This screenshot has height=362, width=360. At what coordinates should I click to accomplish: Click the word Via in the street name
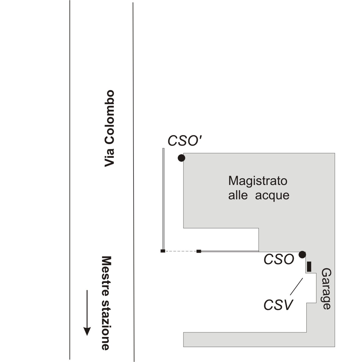tap(109, 158)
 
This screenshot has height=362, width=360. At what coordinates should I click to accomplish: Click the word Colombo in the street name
tap(109, 118)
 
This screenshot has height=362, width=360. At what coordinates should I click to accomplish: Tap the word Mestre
tap(106, 276)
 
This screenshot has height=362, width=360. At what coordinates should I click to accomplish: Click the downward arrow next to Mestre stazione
tap(87, 313)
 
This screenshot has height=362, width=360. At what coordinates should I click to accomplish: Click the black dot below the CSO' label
tap(181, 158)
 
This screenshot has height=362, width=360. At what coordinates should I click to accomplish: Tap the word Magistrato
tap(258, 181)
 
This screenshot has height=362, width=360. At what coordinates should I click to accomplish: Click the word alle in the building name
tap(238, 195)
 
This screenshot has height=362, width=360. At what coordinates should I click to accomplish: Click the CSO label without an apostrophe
tap(279, 259)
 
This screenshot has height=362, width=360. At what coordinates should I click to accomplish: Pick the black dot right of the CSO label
tap(302, 255)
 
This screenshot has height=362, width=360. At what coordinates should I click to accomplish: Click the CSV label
tap(278, 305)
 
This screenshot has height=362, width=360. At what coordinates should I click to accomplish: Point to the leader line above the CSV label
tap(296, 287)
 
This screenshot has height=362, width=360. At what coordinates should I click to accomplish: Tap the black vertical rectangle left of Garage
tap(309, 267)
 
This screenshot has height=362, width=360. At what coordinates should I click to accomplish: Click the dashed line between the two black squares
tap(180, 251)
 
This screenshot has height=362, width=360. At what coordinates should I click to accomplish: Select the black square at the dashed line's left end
tap(163, 251)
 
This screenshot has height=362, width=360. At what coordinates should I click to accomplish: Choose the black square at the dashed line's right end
tap(199, 251)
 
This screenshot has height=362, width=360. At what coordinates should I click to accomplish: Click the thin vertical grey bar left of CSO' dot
tap(163, 199)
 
